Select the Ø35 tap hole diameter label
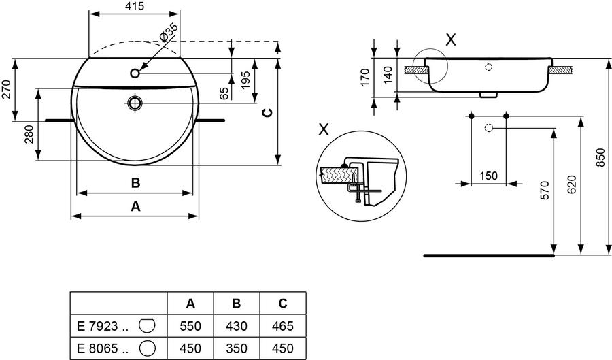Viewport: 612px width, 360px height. [169, 32]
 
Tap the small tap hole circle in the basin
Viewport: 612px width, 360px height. [135, 73]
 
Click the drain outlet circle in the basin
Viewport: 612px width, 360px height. [135, 103]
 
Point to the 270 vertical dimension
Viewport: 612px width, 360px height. [6, 89]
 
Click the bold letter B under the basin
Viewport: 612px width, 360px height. [135, 183]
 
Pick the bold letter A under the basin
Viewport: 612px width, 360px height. [135, 206]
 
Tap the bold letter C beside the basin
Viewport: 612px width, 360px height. [267, 113]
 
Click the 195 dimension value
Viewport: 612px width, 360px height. [245, 80]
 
